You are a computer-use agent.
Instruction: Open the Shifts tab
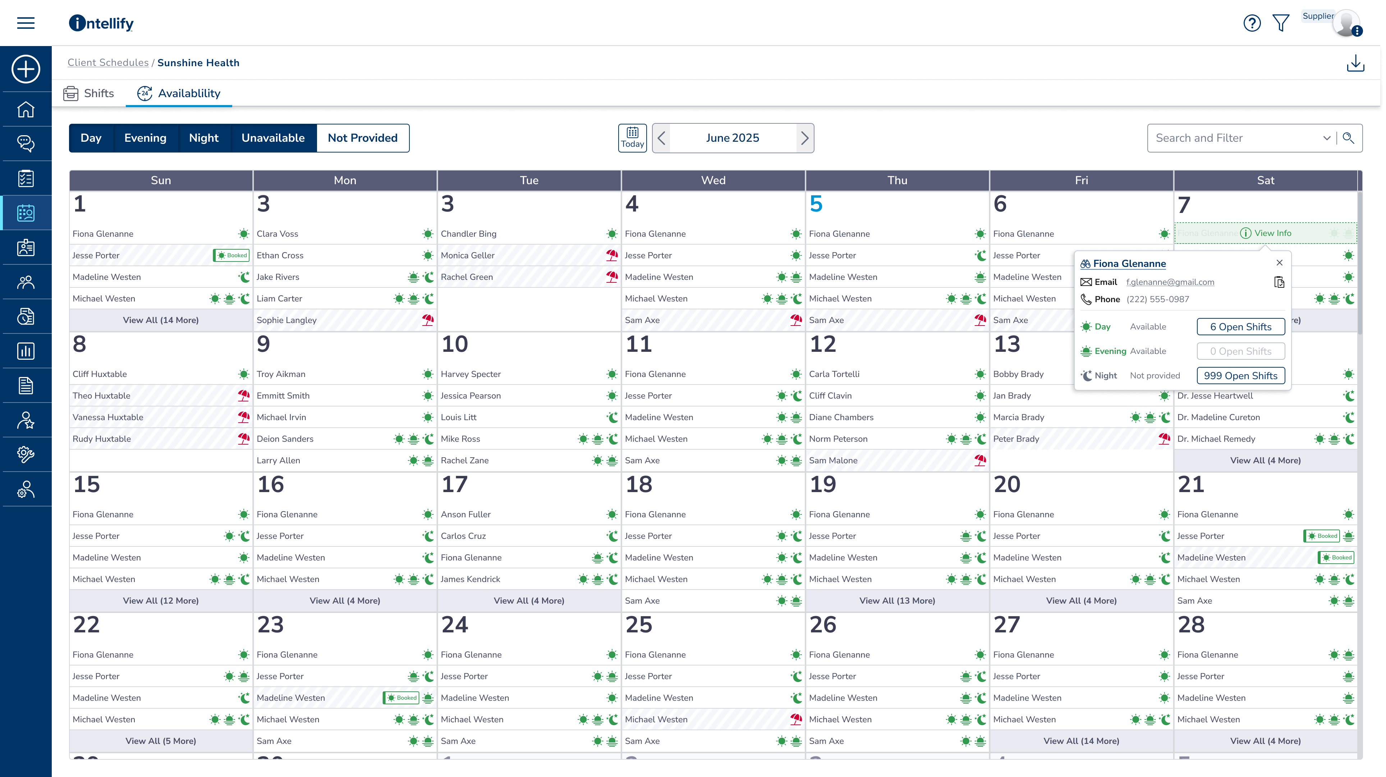89,93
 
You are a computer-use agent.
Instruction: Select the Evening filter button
145,138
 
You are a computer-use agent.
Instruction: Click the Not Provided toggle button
363,138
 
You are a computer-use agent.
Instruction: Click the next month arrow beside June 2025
804,138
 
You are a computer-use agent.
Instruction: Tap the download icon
1355,63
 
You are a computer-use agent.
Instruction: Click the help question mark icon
1252,23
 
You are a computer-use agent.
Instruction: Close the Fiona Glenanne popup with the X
1280,263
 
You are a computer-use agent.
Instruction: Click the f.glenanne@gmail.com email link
1170,282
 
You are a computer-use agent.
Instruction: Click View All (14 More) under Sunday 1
160,320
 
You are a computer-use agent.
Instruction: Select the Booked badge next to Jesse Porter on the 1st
231,255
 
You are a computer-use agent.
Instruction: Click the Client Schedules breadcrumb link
107,63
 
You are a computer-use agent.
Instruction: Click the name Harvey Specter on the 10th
470,374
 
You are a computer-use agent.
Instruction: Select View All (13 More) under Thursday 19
897,600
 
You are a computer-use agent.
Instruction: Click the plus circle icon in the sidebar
26,69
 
